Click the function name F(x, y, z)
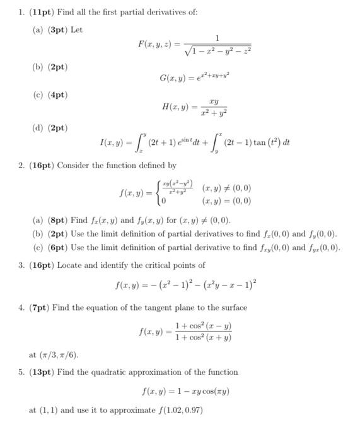coord(154,43)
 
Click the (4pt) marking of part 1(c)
coord(56,94)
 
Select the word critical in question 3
coord(159,265)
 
